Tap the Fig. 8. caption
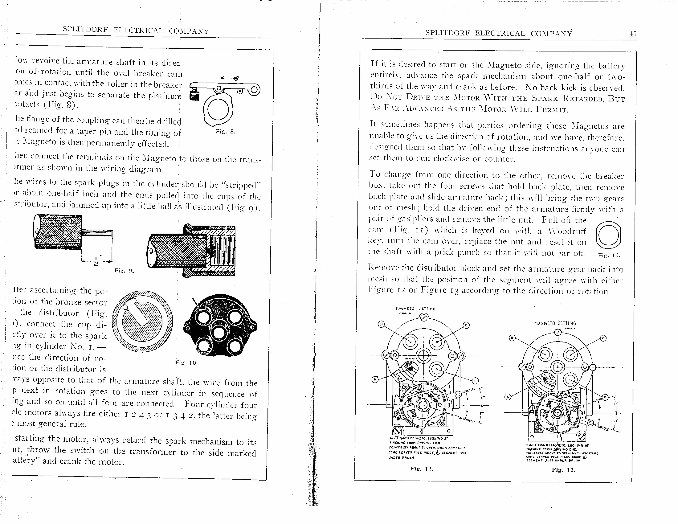[x=225, y=131]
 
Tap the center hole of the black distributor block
[x=219, y=333]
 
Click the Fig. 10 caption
[x=185, y=363]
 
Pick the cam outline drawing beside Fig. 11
[x=608, y=235]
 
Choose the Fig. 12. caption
[x=422, y=469]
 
